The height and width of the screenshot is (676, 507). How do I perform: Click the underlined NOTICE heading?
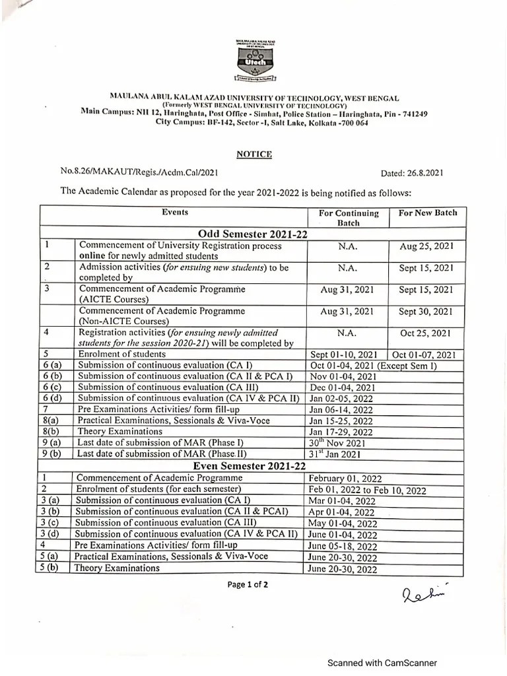tap(254, 154)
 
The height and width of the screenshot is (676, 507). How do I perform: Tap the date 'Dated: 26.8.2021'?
tap(412, 174)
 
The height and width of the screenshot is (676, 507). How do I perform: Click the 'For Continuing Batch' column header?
tap(349, 218)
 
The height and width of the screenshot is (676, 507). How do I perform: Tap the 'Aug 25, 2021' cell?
tap(426, 246)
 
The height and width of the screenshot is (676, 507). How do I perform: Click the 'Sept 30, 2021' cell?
tap(426, 311)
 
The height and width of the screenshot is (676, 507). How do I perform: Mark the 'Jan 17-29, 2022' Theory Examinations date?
tap(340, 432)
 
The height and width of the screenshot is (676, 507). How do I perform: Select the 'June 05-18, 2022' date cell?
tap(342, 546)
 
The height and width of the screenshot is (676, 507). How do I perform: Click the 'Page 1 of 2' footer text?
tap(248, 584)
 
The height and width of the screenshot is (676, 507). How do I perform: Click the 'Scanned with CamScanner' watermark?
tap(382, 663)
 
